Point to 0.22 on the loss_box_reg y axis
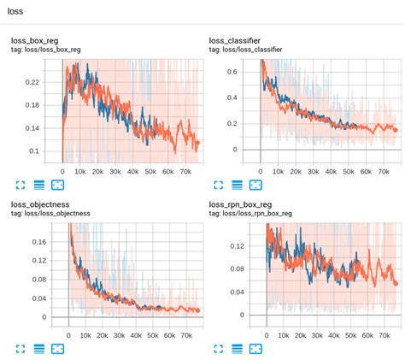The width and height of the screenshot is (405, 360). click(32, 83)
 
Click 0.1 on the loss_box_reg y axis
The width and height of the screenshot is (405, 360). click(35, 151)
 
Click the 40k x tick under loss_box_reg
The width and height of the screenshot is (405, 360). click(133, 171)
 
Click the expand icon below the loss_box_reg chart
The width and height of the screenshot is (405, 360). click(20, 184)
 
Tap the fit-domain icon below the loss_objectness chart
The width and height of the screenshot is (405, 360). click(57, 349)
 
